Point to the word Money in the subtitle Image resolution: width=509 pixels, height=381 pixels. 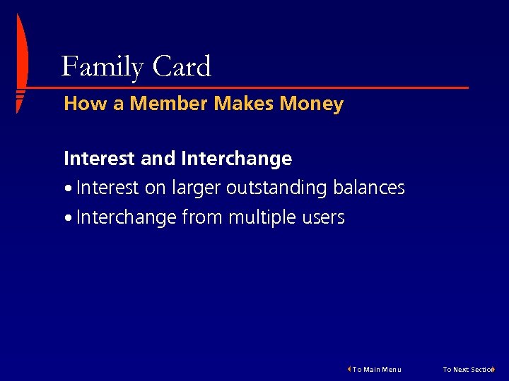(x=311, y=104)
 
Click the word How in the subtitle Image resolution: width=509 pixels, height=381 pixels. (x=84, y=104)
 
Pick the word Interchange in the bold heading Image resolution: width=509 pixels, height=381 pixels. (x=236, y=159)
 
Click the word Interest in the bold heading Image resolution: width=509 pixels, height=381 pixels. (x=100, y=159)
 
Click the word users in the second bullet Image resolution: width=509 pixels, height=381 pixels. (x=324, y=218)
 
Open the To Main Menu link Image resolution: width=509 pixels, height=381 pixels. (x=377, y=369)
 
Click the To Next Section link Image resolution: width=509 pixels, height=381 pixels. (x=467, y=369)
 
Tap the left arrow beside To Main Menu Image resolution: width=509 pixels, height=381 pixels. (x=349, y=368)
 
